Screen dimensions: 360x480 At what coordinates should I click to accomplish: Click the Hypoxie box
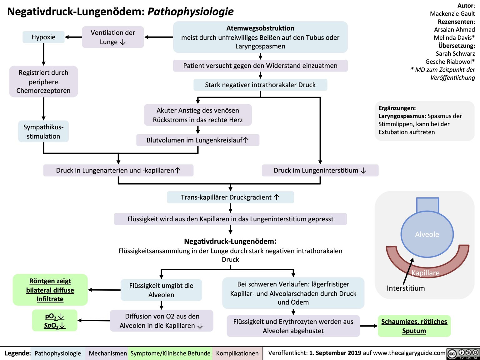43,37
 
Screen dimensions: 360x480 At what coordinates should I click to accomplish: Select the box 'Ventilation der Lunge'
113,37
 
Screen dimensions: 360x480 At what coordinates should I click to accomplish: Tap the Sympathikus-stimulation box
43,132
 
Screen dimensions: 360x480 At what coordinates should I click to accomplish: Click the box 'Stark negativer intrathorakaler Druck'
260,85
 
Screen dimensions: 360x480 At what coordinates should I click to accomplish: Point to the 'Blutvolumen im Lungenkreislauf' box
197,140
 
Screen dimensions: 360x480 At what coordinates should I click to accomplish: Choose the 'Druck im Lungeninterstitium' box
320,171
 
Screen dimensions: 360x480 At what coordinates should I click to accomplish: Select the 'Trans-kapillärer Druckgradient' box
230,197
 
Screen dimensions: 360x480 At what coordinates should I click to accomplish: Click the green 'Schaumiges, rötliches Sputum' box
414,326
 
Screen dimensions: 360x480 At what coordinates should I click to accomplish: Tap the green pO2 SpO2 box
55,321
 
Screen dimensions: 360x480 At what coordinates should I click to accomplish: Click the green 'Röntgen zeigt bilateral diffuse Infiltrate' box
50,290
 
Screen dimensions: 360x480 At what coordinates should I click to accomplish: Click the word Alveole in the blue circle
427,234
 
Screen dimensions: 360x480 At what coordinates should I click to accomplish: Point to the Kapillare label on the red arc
425,273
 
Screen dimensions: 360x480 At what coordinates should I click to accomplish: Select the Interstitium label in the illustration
406,288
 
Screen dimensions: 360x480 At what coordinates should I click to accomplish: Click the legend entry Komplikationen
237,353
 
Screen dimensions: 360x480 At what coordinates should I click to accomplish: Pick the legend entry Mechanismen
107,353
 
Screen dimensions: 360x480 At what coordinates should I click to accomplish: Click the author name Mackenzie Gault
452,14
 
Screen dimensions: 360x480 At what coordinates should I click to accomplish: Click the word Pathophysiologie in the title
190,12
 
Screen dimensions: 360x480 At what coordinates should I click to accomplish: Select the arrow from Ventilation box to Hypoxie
73,37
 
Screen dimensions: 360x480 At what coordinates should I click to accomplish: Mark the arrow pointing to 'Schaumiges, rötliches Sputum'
369,326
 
